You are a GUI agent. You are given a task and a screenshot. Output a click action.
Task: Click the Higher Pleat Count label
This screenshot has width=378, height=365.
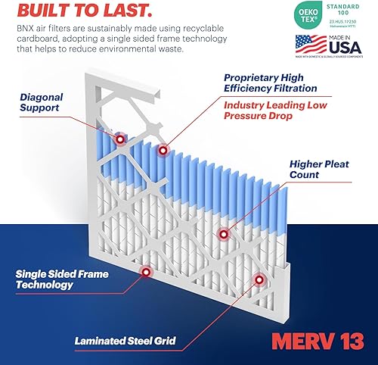pyautogui.click(x=327, y=168)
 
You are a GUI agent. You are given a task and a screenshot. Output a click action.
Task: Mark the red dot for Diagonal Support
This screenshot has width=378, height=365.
pyautogui.click(x=119, y=140)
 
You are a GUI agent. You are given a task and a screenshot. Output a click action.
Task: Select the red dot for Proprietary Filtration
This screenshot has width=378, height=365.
pyautogui.click(x=162, y=151)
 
